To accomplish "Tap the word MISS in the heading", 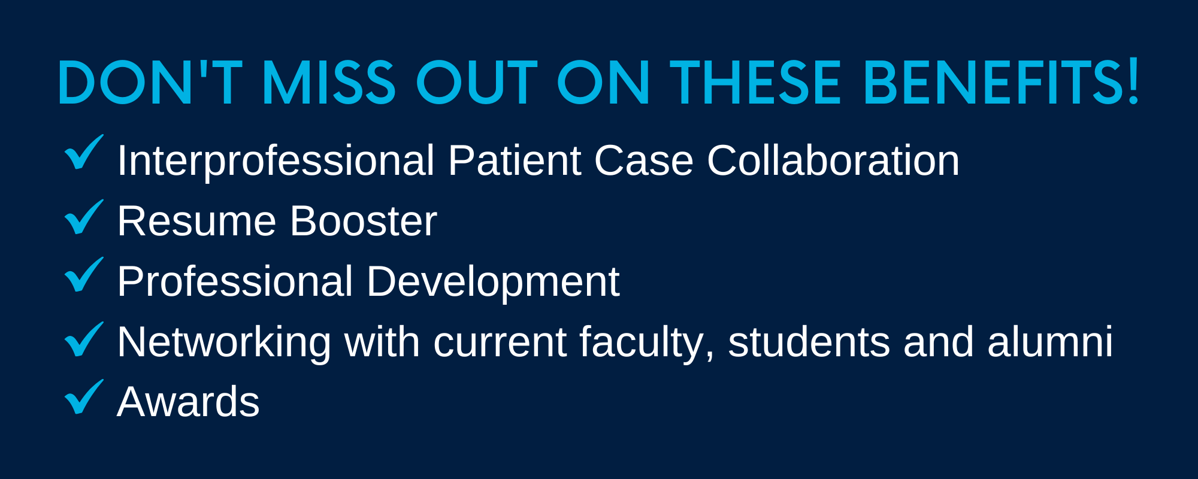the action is coord(328,83).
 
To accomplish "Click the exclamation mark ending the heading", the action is coord(1133,83).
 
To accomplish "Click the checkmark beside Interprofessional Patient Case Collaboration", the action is coord(84,152).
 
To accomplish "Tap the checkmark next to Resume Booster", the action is coord(84,217).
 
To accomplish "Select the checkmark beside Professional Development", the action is coord(84,275).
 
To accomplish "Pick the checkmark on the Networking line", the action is coord(84,339).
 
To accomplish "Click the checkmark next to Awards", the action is coord(84,397).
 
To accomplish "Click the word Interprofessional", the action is coord(276,162).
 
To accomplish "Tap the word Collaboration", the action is coord(833,160).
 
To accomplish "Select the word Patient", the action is coord(515,160).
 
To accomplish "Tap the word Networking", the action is coord(224,344).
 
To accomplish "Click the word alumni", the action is coord(1050,342).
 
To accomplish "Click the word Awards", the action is coord(188,402).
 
